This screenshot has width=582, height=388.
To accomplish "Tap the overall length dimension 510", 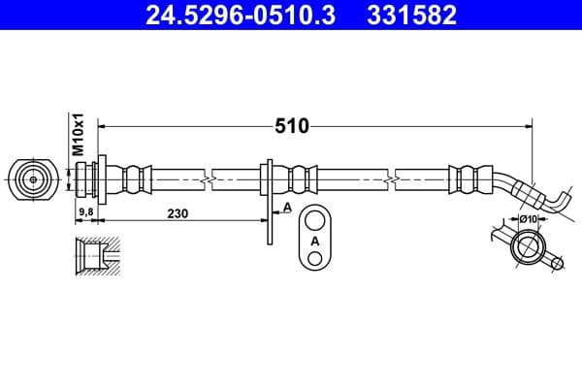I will (x=292, y=126).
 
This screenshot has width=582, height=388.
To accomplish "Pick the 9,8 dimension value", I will (x=84, y=212).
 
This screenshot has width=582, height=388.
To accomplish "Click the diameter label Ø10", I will (x=529, y=220).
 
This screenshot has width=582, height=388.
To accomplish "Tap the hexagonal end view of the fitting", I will (x=33, y=179).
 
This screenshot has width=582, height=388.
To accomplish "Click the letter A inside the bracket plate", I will (x=314, y=240).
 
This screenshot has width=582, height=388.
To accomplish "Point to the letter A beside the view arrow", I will (x=288, y=208).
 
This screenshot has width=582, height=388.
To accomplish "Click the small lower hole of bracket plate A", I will (x=314, y=257).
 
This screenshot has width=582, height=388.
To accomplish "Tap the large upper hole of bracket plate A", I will (x=314, y=218).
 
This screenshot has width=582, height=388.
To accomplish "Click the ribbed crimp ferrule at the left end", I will (x=135, y=178).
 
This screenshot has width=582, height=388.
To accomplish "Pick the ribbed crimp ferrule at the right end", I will (x=467, y=178).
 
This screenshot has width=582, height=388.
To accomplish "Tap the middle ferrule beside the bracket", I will (x=302, y=178).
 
